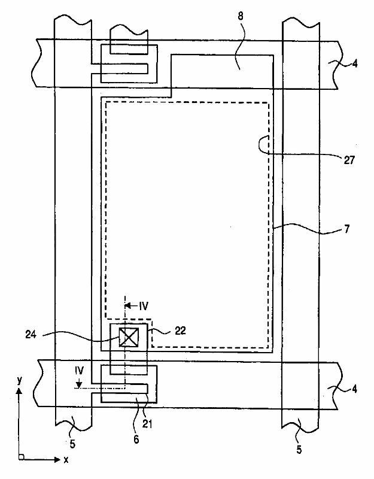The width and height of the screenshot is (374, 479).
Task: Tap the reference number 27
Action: pyautogui.click(x=349, y=160)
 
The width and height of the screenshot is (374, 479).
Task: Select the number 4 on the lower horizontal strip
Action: pyautogui.click(x=355, y=389)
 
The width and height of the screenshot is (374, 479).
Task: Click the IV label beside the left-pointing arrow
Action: pyautogui.click(x=143, y=305)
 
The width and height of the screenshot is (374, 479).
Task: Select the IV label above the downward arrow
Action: pyautogui.click(x=80, y=371)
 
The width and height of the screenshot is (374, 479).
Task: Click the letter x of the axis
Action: pyautogui.click(x=66, y=460)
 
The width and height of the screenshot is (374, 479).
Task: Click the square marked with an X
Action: pyautogui.click(x=129, y=337)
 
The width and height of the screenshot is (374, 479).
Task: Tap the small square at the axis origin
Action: pyautogui.click(x=21, y=458)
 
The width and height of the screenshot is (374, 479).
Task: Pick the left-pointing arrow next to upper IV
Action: pyautogui.click(x=130, y=305)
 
